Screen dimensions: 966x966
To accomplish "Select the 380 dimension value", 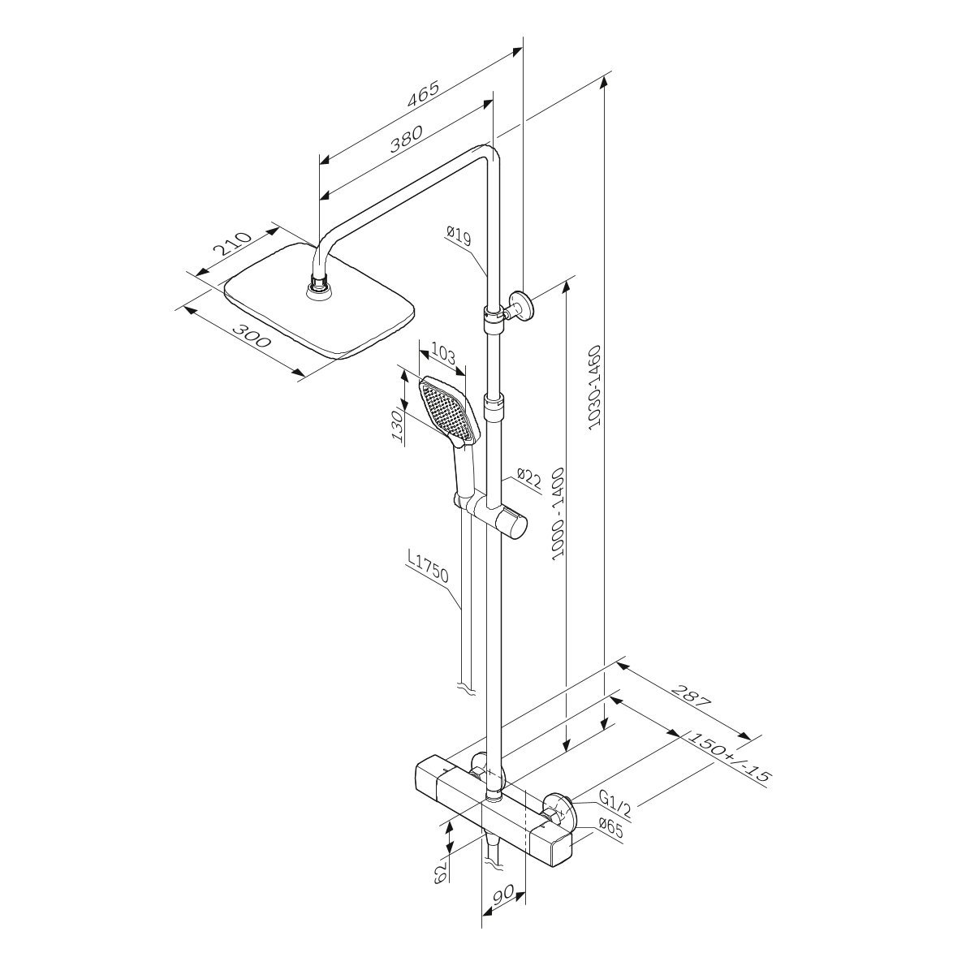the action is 407,140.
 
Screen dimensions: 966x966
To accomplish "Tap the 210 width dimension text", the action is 233,244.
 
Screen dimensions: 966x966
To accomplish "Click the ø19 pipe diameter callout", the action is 459,236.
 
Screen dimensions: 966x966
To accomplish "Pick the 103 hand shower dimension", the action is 443,356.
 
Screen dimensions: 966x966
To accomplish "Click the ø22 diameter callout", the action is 528,478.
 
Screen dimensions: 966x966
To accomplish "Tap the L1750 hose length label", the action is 428,567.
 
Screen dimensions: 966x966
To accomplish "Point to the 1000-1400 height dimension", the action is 558,513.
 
